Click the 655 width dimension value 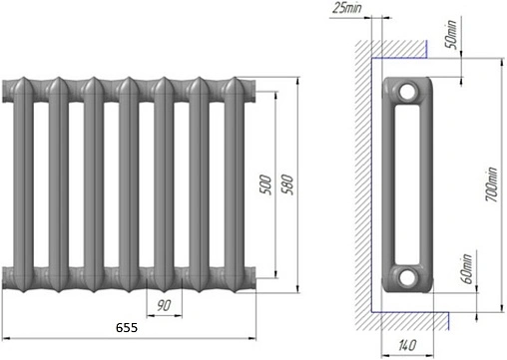coord(127,328)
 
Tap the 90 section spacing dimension coord(164,305)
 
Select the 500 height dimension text coord(265,184)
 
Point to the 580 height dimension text coord(287,184)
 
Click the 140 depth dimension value coord(407,345)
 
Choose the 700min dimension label coord(492,184)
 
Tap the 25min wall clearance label coord(347,8)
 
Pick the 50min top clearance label coord(451,34)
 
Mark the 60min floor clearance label coord(466,269)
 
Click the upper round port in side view coord(407,92)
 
